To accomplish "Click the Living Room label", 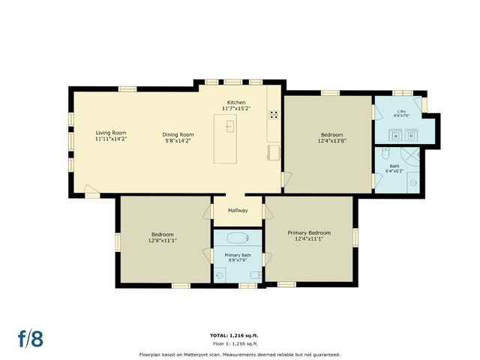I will click(110, 133).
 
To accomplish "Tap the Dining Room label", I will click(178, 133).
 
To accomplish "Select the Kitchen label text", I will click(238, 103).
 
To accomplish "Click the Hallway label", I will click(238, 210).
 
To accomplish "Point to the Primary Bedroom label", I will click(309, 232).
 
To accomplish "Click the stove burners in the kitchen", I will click(274, 115).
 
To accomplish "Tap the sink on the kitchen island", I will click(229, 126).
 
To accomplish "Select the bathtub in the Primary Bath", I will click(237, 240).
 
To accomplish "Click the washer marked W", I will click(394, 136).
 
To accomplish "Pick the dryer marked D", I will click(411, 136).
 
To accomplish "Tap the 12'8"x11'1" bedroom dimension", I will click(163, 241).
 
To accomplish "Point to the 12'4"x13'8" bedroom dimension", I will click(331, 140).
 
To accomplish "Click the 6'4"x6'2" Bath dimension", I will click(394, 171).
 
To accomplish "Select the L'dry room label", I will click(402, 112).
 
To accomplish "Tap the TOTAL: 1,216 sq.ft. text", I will click(239, 334).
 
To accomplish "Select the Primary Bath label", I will click(237, 255).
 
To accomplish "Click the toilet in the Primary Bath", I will click(219, 275).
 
